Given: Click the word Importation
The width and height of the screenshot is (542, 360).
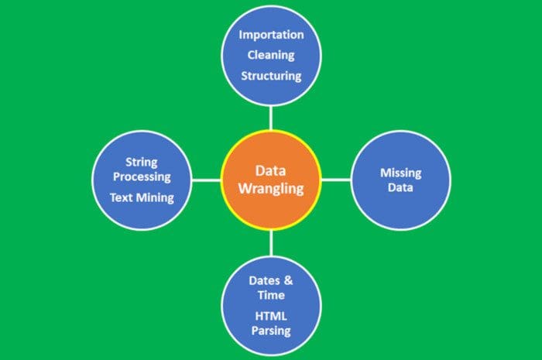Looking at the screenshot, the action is click(x=271, y=36).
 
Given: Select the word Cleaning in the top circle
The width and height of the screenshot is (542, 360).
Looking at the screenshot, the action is click(x=271, y=55).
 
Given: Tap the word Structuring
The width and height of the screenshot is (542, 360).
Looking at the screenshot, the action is click(x=271, y=76).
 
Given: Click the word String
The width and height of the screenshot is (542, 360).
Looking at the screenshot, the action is click(x=142, y=163).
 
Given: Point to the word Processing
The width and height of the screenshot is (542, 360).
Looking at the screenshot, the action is click(x=142, y=177).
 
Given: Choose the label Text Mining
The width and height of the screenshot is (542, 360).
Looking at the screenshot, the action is click(x=142, y=197).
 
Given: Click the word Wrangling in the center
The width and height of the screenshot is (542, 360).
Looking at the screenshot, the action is click(x=271, y=189).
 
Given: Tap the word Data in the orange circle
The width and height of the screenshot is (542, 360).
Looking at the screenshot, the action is click(x=271, y=170).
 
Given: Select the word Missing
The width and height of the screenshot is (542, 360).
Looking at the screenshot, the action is click(x=401, y=173).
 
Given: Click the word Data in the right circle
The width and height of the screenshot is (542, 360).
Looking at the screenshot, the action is click(x=400, y=187).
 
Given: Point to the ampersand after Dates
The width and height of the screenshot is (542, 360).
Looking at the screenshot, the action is click(x=288, y=280).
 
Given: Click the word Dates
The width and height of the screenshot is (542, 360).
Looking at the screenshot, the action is click(x=265, y=280).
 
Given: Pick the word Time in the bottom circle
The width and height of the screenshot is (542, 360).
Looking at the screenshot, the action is click(x=271, y=295).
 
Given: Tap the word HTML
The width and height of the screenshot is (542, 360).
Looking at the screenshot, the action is click(x=271, y=316).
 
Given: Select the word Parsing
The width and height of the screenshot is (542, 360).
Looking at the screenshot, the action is click(x=271, y=331).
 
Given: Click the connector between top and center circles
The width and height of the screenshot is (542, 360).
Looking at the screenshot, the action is click(x=271, y=118).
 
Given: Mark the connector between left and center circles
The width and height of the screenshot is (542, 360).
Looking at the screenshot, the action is click(x=207, y=180).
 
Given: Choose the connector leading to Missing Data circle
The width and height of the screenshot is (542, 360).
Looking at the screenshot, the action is click(x=336, y=180).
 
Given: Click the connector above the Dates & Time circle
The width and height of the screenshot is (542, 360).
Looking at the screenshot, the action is click(x=271, y=243).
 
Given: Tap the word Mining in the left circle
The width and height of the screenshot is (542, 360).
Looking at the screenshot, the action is click(x=155, y=198).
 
